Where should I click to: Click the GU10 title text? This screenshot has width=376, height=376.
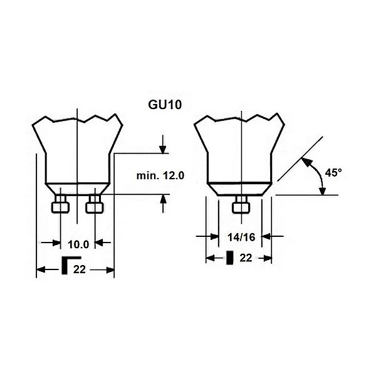click(x=165, y=105)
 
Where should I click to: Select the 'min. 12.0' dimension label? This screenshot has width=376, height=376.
click(x=160, y=175)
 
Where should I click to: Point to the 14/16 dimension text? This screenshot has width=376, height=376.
click(x=241, y=238)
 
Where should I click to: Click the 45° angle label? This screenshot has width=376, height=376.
click(x=333, y=172)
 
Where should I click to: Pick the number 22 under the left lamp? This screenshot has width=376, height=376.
click(x=80, y=269)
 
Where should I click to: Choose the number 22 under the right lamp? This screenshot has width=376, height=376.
click(x=246, y=258)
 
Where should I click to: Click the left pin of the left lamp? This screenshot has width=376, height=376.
click(x=60, y=204)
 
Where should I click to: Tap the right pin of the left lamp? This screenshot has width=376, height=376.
click(x=95, y=204)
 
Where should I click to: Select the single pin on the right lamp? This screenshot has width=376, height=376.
click(x=241, y=204)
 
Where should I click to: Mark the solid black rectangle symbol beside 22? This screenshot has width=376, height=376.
click(x=230, y=258)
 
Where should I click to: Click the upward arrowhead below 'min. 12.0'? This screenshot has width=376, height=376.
click(x=164, y=199)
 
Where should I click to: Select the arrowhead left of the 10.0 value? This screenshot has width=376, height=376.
click(x=56, y=243)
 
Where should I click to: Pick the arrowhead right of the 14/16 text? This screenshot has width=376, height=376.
click(x=266, y=236)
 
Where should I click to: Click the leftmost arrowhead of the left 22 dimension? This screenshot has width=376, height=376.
click(x=41, y=269)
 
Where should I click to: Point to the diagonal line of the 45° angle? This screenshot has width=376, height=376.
click(x=300, y=159)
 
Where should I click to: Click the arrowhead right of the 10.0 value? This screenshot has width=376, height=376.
click(x=100, y=243)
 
